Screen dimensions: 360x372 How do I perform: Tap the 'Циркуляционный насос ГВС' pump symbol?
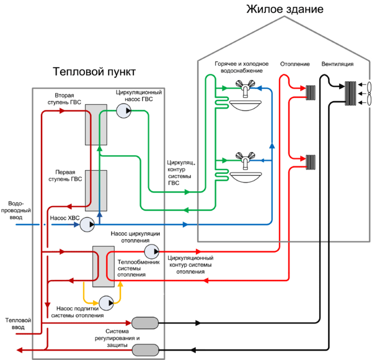click(x=123, y=110)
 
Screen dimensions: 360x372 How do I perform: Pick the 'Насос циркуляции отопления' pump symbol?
click(x=151, y=251)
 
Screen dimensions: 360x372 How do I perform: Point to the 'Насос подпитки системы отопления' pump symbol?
click(x=110, y=302)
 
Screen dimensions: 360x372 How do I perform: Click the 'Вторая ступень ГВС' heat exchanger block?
click(x=97, y=124)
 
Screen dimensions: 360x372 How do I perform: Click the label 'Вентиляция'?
click(x=338, y=64)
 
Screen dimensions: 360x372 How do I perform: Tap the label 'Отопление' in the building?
click(x=294, y=64)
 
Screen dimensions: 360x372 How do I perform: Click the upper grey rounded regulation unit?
click(x=145, y=323)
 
